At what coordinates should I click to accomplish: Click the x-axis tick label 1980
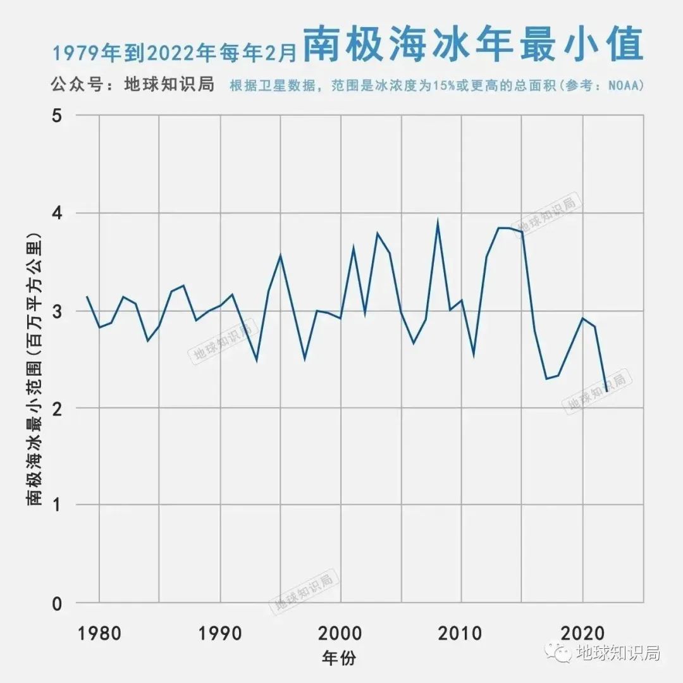click(x=100, y=632)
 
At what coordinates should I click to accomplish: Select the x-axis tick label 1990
click(x=220, y=632)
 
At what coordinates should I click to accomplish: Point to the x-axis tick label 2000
click(x=341, y=632)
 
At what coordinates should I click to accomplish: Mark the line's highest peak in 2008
click(x=438, y=222)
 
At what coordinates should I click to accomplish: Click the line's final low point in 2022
click(x=606, y=391)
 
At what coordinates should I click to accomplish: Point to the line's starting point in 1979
click(x=87, y=297)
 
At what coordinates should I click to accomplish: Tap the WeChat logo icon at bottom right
click(x=560, y=653)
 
